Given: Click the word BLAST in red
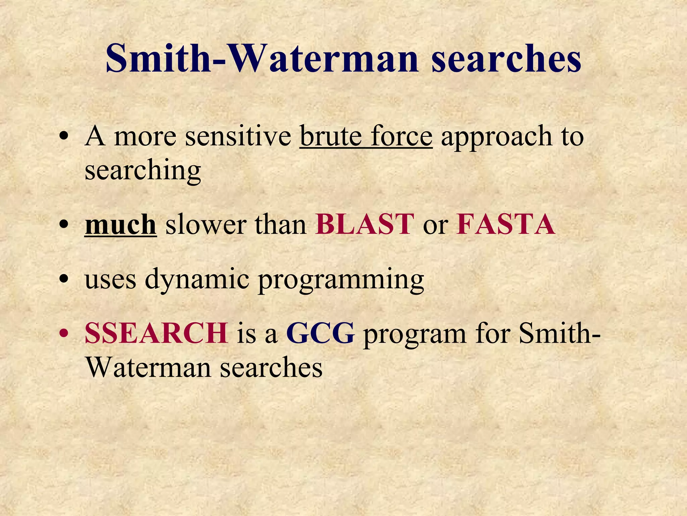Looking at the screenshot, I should (364, 224).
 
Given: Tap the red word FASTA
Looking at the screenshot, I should (505, 224).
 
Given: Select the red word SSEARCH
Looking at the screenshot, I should (156, 333).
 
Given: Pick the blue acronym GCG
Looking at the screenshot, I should (320, 333).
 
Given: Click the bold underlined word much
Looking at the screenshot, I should (120, 224).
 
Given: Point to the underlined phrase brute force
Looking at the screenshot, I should (366, 136).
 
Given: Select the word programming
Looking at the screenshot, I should (341, 279).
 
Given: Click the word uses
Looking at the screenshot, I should (110, 279).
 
